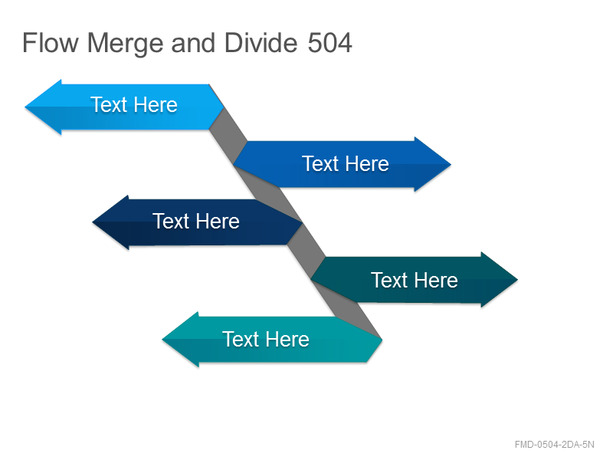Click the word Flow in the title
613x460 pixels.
coord(50,42)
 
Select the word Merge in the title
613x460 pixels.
coord(125,44)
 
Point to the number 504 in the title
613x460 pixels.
coord(329,42)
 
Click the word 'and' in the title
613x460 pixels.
coord(193,42)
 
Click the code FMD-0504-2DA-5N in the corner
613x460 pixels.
coord(554,445)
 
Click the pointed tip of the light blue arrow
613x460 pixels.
coord(25,107)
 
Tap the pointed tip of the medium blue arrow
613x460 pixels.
coord(451,165)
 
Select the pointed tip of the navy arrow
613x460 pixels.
coord(92,222)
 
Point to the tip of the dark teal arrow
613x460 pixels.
coord(518,279)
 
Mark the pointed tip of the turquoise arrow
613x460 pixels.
coord(162,340)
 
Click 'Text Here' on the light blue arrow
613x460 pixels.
coord(134,104)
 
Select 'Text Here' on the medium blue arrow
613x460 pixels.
coord(346,163)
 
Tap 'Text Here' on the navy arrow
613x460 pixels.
coord(196,221)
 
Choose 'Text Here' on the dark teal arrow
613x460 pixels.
coord(414,280)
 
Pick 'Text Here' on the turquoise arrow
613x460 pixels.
coord(266,339)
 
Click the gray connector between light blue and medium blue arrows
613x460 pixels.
coord(228,136)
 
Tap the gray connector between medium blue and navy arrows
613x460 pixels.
coord(267,194)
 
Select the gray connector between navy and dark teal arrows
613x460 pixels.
coord(306,251)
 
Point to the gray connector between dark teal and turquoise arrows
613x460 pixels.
coord(346,309)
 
